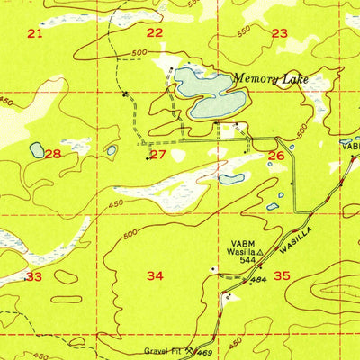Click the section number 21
tap(34, 33)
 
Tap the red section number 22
tap(155, 32)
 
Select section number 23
tap(280, 33)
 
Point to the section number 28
tap(54, 155)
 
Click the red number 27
tap(158, 155)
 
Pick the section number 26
tap(276, 156)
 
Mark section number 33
tap(34, 276)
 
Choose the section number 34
tap(155, 275)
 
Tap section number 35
tap(283, 276)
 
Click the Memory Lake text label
tap(270, 79)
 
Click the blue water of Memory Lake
tap(202, 90)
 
